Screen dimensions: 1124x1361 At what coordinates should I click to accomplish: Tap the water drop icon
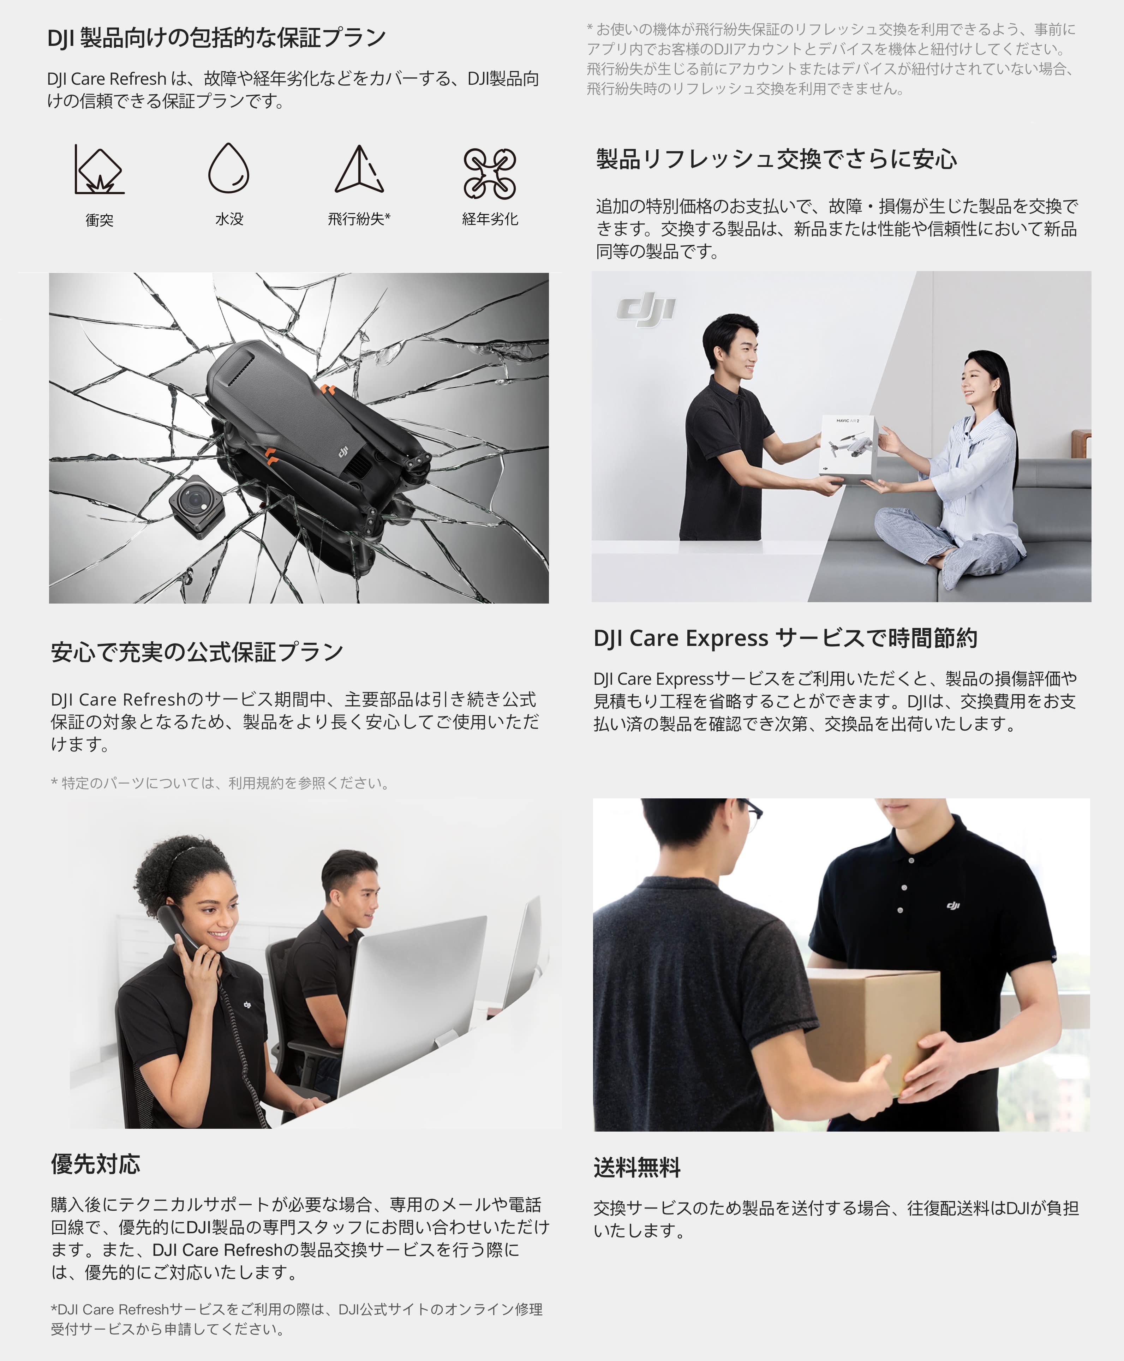point(228,168)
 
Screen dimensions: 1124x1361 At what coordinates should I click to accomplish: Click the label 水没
point(229,219)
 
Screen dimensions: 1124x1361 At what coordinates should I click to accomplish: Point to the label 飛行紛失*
point(359,219)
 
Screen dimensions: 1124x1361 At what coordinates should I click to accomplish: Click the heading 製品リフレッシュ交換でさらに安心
point(776,158)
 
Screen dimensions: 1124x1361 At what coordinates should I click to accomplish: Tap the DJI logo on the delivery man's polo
point(953,905)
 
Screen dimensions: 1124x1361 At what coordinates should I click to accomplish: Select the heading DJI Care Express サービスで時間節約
point(785,638)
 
